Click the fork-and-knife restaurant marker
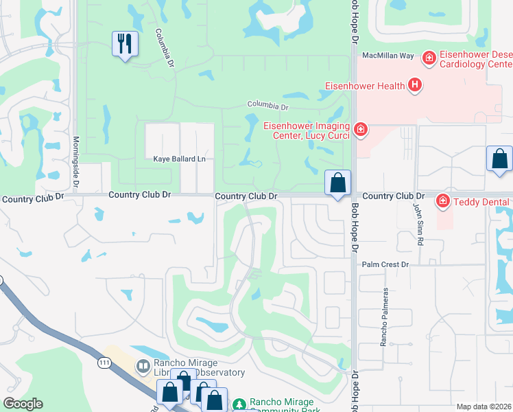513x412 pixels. pyautogui.click(x=125, y=44)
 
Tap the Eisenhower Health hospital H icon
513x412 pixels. pyautogui.click(x=414, y=85)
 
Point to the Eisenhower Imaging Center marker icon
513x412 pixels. pyautogui.click(x=360, y=128)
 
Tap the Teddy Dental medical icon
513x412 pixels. pyautogui.click(x=443, y=201)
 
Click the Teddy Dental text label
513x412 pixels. pyautogui.click(x=481, y=202)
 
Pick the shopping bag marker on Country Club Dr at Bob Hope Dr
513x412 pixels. pyautogui.click(x=337, y=183)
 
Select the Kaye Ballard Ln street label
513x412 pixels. pyautogui.click(x=179, y=159)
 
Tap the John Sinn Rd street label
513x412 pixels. pyautogui.click(x=416, y=224)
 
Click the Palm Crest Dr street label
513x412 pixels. pyautogui.click(x=385, y=264)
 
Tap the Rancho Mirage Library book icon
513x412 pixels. pyautogui.click(x=143, y=367)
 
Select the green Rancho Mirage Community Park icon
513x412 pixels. pyautogui.click(x=239, y=405)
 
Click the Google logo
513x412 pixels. pyautogui.click(x=23, y=404)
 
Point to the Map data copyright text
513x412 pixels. pyautogui.click(x=483, y=407)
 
